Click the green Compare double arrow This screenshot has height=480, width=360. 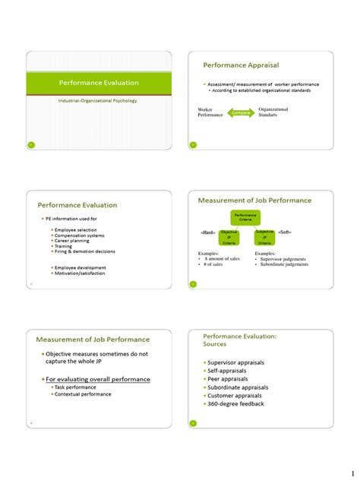242,112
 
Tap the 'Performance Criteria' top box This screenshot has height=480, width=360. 245,216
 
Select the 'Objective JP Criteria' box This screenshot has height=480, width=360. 229,237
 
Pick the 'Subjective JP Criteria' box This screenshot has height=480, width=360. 264,237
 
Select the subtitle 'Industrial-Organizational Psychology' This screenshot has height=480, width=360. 98,100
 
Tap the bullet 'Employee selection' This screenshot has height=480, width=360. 75,229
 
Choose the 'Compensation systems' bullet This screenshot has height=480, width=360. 79,235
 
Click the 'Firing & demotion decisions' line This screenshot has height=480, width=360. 84,251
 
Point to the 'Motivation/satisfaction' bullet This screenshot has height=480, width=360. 79,273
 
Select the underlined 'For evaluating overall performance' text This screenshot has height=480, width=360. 97,379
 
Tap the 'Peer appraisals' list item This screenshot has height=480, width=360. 227,379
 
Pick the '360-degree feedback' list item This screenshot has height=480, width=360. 235,404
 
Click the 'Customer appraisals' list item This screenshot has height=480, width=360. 234,396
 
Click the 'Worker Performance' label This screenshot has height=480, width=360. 211,112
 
